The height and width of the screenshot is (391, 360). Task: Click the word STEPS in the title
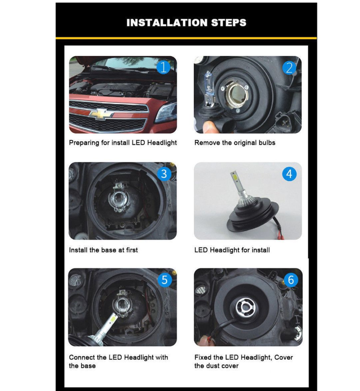[228, 23]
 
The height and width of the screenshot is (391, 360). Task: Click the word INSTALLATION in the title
[167, 23]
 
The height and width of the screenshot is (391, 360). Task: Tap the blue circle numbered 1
[163, 67]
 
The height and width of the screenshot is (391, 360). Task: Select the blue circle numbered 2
[289, 68]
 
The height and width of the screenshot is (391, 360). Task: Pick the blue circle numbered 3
[164, 174]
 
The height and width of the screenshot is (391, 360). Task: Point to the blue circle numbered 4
[289, 174]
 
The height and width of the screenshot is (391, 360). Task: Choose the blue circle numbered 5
[164, 280]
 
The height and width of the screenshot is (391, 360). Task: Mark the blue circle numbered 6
[291, 280]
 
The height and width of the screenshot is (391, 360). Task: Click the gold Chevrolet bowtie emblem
[101, 114]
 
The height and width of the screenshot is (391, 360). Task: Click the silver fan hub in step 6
[246, 307]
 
